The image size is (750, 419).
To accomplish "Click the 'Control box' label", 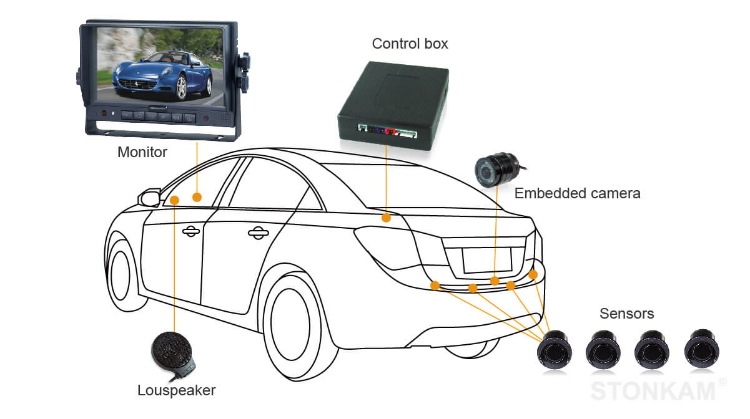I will pyautogui.click(x=410, y=44).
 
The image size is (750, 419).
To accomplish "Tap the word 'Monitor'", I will pyautogui.click(x=142, y=152).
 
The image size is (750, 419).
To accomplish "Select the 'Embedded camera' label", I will pyautogui.click(x=577, y=193).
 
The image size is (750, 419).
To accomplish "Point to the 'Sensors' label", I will pyautogui.click(x=626, y=314).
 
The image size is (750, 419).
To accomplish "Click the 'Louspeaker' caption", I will pyautogui.click(x=176, y=391).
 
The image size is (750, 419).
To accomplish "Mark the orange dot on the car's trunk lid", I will pyautogui.click(x=387, y=218).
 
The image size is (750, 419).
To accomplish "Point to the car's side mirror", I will pyautogui.click(x=150, y=198).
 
